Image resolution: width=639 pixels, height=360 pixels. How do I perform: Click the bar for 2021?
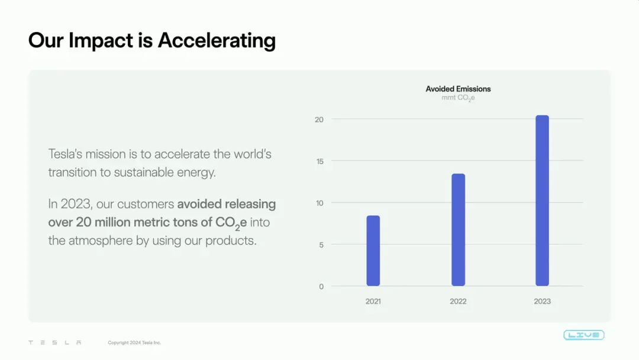pyautogui.click(x=373, y=250)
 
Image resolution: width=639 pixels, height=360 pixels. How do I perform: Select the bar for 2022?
pyautogui.click(x=458, y=230)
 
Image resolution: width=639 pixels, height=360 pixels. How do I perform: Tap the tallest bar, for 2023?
pyautogui.click(x=542, y=201)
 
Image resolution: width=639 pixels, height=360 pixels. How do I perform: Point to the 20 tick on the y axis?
pyautogui.click(x=319, y=120)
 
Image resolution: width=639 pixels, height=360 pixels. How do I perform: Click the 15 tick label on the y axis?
pyautogui.click(x=319, y=162)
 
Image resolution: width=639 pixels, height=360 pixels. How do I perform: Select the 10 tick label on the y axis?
pyautogui.click(x=319, y=203)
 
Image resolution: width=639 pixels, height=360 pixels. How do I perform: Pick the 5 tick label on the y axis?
pyautogui.click(x=321, y=245)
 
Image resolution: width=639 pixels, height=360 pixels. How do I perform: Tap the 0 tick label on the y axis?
pyautogui.click(x=321, y=287)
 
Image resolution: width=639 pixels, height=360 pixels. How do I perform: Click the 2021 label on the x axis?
pyautogui.click(x=373, y=301)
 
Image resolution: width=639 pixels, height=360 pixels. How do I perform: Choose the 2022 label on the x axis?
pyautogui.click(x=458, y=301)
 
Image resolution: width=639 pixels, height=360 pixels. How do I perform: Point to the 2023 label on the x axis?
pyautogui.click(x=542, y=301)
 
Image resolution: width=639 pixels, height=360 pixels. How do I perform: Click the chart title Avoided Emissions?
pyautogui.click(x=458, y=89)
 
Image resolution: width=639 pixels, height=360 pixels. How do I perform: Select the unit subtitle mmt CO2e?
pyautogui.click(x=458, y=98)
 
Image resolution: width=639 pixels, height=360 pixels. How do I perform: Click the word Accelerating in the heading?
pyautogui.click(x=217, y=41)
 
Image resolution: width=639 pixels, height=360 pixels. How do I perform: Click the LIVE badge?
pyautogui.click(x=584, y=335)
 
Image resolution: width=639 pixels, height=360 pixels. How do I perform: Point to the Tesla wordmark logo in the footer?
pyautogui.click(x=55, y=342)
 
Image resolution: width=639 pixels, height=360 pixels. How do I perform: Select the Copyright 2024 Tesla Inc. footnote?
pyautogui.click(x=134, y=342)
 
